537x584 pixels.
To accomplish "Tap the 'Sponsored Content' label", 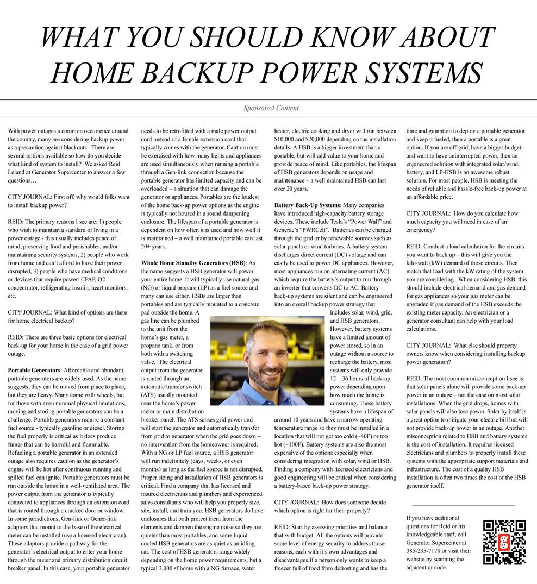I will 271,108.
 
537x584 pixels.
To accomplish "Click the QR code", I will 504,542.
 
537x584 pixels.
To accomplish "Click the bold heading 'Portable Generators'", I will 34,370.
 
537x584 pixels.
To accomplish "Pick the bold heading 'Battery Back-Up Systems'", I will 307,205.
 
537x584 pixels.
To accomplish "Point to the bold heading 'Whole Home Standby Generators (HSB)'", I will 193,263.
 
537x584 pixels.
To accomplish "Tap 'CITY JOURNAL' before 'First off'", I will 30,197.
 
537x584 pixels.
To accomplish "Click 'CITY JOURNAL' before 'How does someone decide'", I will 296,502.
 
